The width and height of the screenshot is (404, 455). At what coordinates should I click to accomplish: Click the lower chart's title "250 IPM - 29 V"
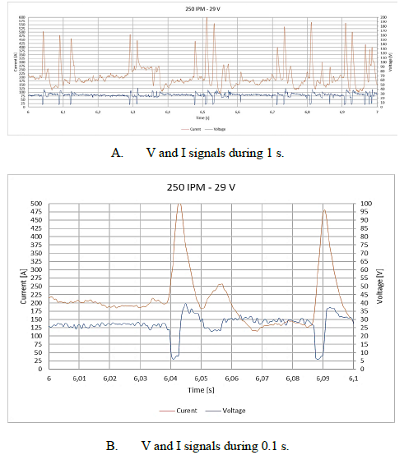coord(202,188)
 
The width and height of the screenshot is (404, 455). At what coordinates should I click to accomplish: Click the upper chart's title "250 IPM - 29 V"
coord(202,9)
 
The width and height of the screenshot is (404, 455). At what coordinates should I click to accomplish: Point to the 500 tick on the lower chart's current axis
coord(37,203)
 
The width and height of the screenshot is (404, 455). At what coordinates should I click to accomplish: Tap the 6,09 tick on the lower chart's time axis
coord(323,378)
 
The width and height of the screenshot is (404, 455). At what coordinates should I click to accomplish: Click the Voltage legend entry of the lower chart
coord(234,409)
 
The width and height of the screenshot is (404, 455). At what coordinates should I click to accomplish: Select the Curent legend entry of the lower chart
coord(188,409)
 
